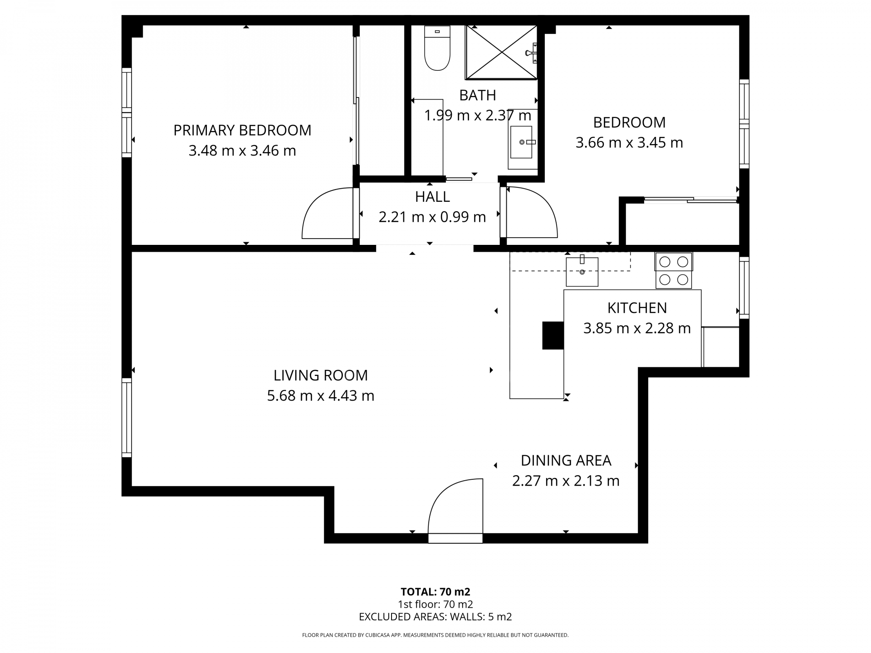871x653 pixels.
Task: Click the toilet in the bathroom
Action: (437, 49)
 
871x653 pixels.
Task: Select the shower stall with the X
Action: (501, 53)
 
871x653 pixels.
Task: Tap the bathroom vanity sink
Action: (521, 142)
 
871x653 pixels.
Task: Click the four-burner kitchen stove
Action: (673, 271)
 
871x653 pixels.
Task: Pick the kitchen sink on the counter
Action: (582, 272)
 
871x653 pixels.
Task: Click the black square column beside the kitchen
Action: (553, 335)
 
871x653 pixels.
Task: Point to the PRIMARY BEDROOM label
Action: (242, 131)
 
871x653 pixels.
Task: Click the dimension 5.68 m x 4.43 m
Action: (320, 396)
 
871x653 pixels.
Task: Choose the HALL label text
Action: (432, 197)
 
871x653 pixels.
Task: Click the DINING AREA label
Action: (566, 461)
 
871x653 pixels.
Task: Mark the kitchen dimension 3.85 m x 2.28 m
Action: (636, 328)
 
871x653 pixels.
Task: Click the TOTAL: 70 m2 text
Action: (435, 592)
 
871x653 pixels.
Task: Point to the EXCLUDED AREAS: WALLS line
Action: (435, 617)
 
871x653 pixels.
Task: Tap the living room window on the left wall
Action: (127, 417)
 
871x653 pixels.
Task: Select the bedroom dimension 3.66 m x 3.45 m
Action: (629, 143)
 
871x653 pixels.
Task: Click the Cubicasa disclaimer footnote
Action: (435, 635)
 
